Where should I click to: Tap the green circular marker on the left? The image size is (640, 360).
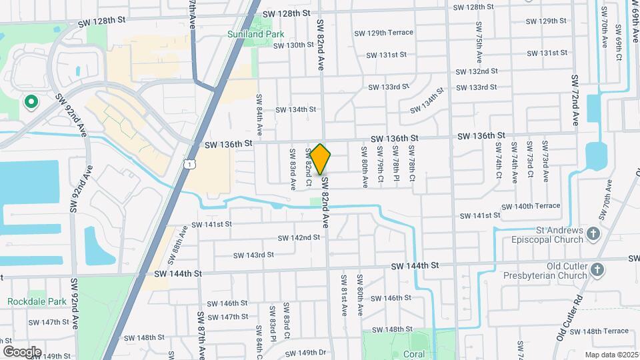[x=30, y=102]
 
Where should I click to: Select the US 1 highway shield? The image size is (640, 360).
[x=191, y=164]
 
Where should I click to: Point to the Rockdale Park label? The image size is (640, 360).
[x=37, y=301]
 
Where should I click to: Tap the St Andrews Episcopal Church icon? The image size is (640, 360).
[x=595, y=233]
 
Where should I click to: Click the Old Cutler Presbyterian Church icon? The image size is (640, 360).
[x=597, y=270]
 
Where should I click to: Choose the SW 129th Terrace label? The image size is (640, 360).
[x=384, y=33]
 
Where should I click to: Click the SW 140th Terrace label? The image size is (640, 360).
[x=529, y=206]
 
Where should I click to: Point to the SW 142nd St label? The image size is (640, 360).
[x=299, y=238]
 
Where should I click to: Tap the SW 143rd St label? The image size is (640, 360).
[x=254, y=255]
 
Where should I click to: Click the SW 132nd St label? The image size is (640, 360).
[x=477, y=71]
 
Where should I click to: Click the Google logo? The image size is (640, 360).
[x=22, y=351]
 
